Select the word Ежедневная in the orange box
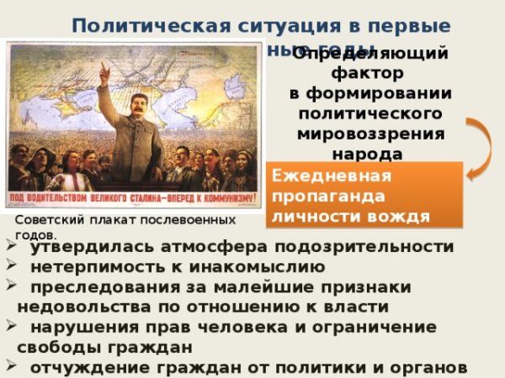pos(333,176)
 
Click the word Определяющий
pos(370,54)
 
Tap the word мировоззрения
pos(371,134)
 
